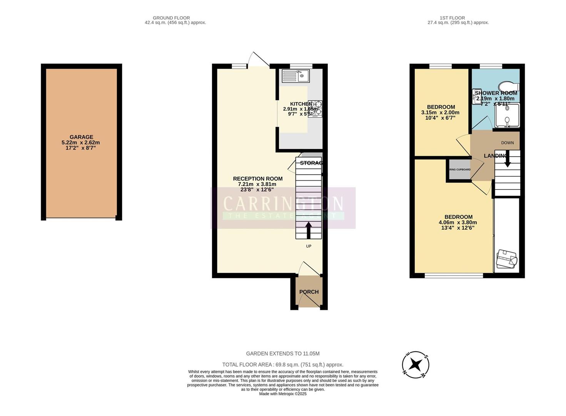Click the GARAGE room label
81,137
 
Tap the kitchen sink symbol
296,76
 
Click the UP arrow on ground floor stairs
309,230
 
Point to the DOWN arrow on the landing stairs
508,159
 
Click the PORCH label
309,292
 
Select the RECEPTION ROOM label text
257,179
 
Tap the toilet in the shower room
508,86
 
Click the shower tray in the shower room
507,115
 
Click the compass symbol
416,364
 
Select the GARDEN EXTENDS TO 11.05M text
283,354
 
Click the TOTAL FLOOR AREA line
283,365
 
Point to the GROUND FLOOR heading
171,18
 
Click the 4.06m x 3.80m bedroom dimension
457,222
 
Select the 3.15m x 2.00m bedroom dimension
440,112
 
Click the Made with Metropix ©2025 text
283,394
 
